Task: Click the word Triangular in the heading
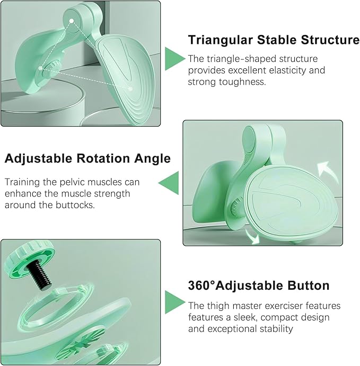point(220,40)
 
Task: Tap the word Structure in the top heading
point(330,39)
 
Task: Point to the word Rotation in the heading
point(103,158)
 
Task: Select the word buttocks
point(75,205)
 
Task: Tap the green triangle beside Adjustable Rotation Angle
point(169,183)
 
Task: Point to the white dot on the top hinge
point(72,21)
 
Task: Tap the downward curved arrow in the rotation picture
point(252,237)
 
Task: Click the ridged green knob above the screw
point(30,258)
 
